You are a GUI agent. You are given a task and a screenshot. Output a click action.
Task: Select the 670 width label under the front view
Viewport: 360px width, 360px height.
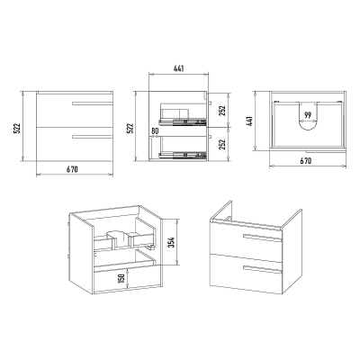click(x=72, y=169)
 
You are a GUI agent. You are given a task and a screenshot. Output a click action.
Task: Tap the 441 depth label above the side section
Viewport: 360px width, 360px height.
click(x=178, y=68)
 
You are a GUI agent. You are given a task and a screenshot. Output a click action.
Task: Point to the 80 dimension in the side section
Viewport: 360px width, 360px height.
click(x=155, y=131)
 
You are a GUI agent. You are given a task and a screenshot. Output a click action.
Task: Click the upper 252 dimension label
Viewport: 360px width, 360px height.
click(x=222, y=111)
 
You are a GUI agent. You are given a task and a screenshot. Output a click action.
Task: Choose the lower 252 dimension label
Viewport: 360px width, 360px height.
click(x=222, y=145)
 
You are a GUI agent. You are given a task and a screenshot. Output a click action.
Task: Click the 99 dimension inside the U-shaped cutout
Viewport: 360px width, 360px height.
click(x=307, y=115)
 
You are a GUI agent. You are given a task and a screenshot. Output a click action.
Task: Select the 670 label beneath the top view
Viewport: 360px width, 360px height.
click(x=306, y=161)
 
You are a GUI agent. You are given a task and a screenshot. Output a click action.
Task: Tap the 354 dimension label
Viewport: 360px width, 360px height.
click(x=171, y=242)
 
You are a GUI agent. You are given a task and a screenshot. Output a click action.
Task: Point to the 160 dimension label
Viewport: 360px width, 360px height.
click(x=121, y=278)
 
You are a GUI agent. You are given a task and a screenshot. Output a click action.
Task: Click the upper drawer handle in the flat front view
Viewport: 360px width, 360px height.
click(x=92, y=103)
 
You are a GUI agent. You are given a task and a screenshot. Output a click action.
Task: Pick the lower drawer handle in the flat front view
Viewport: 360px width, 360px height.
click(x=92, y=137)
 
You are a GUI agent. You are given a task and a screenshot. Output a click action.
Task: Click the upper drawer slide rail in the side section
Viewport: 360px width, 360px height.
click(x=183, y=121)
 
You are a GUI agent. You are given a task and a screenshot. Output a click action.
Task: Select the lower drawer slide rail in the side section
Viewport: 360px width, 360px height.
click(x=183, y=155)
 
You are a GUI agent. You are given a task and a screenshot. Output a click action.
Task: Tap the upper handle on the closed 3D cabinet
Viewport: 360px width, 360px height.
click(x=263, y=238)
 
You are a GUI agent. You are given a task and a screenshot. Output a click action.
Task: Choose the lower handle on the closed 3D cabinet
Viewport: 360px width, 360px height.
click(x=263, y=270)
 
